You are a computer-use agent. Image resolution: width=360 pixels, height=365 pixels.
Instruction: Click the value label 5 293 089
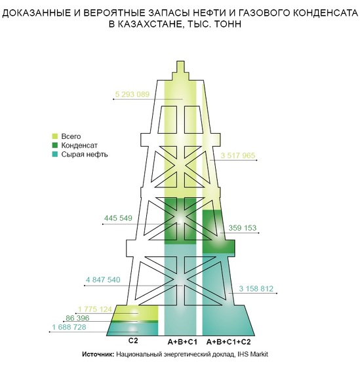tap(132, 94)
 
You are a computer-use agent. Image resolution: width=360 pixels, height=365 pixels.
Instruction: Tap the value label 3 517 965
tap(237, 155)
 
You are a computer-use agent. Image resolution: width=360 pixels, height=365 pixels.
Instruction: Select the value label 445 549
tap(118, 218)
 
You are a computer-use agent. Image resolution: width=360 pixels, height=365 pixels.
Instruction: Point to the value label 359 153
tap(243, 227)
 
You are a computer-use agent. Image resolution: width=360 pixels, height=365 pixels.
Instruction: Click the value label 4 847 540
tap(103, 280)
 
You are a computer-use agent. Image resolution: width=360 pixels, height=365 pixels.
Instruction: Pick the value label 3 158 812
tap(256, 288)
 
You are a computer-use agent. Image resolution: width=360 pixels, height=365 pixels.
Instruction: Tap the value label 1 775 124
tap(95, 309)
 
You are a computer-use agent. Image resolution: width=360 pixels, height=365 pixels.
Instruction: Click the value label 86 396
tap(77, 318)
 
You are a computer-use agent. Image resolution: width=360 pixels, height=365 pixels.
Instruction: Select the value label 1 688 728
tap(69, 327)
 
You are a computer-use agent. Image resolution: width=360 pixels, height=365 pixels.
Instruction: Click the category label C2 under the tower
tap(133, 341)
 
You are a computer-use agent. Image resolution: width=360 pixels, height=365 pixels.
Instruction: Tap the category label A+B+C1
tap(182, 342)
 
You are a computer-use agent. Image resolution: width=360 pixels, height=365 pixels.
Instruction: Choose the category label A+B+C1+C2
tap(229, 342)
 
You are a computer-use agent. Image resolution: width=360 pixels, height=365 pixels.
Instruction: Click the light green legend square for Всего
tap(55, 136)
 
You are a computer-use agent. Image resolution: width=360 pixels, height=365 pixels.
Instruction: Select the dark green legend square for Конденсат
tap(55, 145)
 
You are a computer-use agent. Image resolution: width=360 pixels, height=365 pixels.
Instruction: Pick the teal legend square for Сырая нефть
tap(55, 154)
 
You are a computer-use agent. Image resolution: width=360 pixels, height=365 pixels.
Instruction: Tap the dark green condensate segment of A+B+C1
tap(180, 221)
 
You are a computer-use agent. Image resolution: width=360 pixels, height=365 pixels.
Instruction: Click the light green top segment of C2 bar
tap(136, 313)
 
